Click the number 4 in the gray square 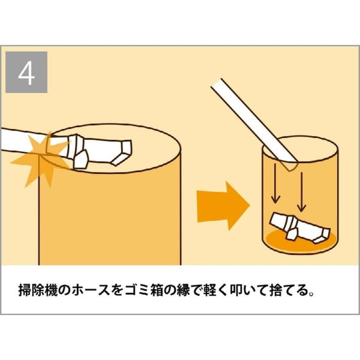[26, 73]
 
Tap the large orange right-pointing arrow [223, 206]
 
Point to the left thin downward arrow [275, 183]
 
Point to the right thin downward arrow [301, 192]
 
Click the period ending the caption [311, 295]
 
